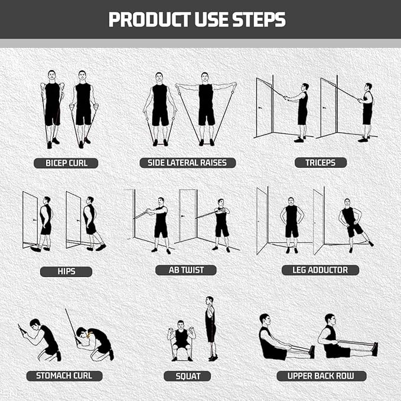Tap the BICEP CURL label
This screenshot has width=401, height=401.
[x=66, y=163]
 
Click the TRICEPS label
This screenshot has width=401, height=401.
[x=321, y=162]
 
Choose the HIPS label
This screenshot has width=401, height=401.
[x=66, y=272]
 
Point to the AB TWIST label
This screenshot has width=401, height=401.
[x=186, y=270]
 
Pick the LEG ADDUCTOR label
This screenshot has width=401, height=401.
[x=320, y=270]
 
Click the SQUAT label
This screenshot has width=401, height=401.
[x=188, y=376]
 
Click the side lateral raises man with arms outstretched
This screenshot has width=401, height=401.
[x=206, y=106]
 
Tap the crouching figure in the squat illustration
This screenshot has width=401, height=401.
[x=181, y=341]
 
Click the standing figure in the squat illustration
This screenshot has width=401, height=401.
[x=210, y=328]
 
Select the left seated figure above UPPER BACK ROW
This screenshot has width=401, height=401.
[x=273, y=339]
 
